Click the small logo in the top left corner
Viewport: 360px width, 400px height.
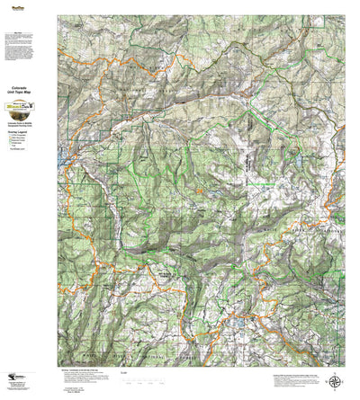click(13, 8)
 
